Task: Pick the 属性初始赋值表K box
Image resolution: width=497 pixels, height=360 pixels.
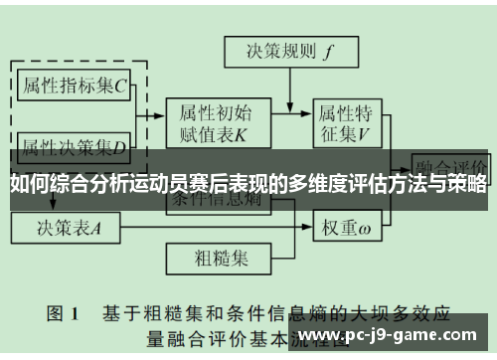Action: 208,122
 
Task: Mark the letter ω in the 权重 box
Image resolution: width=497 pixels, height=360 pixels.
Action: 365,230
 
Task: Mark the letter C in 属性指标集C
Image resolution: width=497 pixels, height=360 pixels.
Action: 120,88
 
